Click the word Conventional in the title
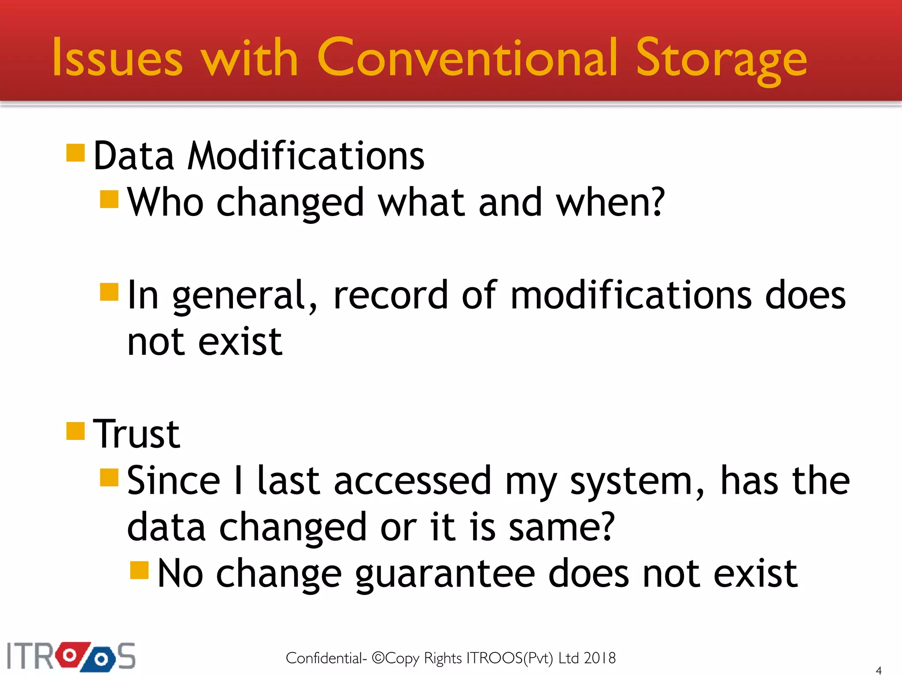[x=467, y=58]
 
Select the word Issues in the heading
[x=117, y=58]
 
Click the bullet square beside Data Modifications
[x=75, y=153]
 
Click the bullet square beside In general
[x=109, y=292]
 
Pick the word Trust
[x=137, y=434]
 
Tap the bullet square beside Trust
[x=75, y=431]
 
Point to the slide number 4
[x=878, y=670]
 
